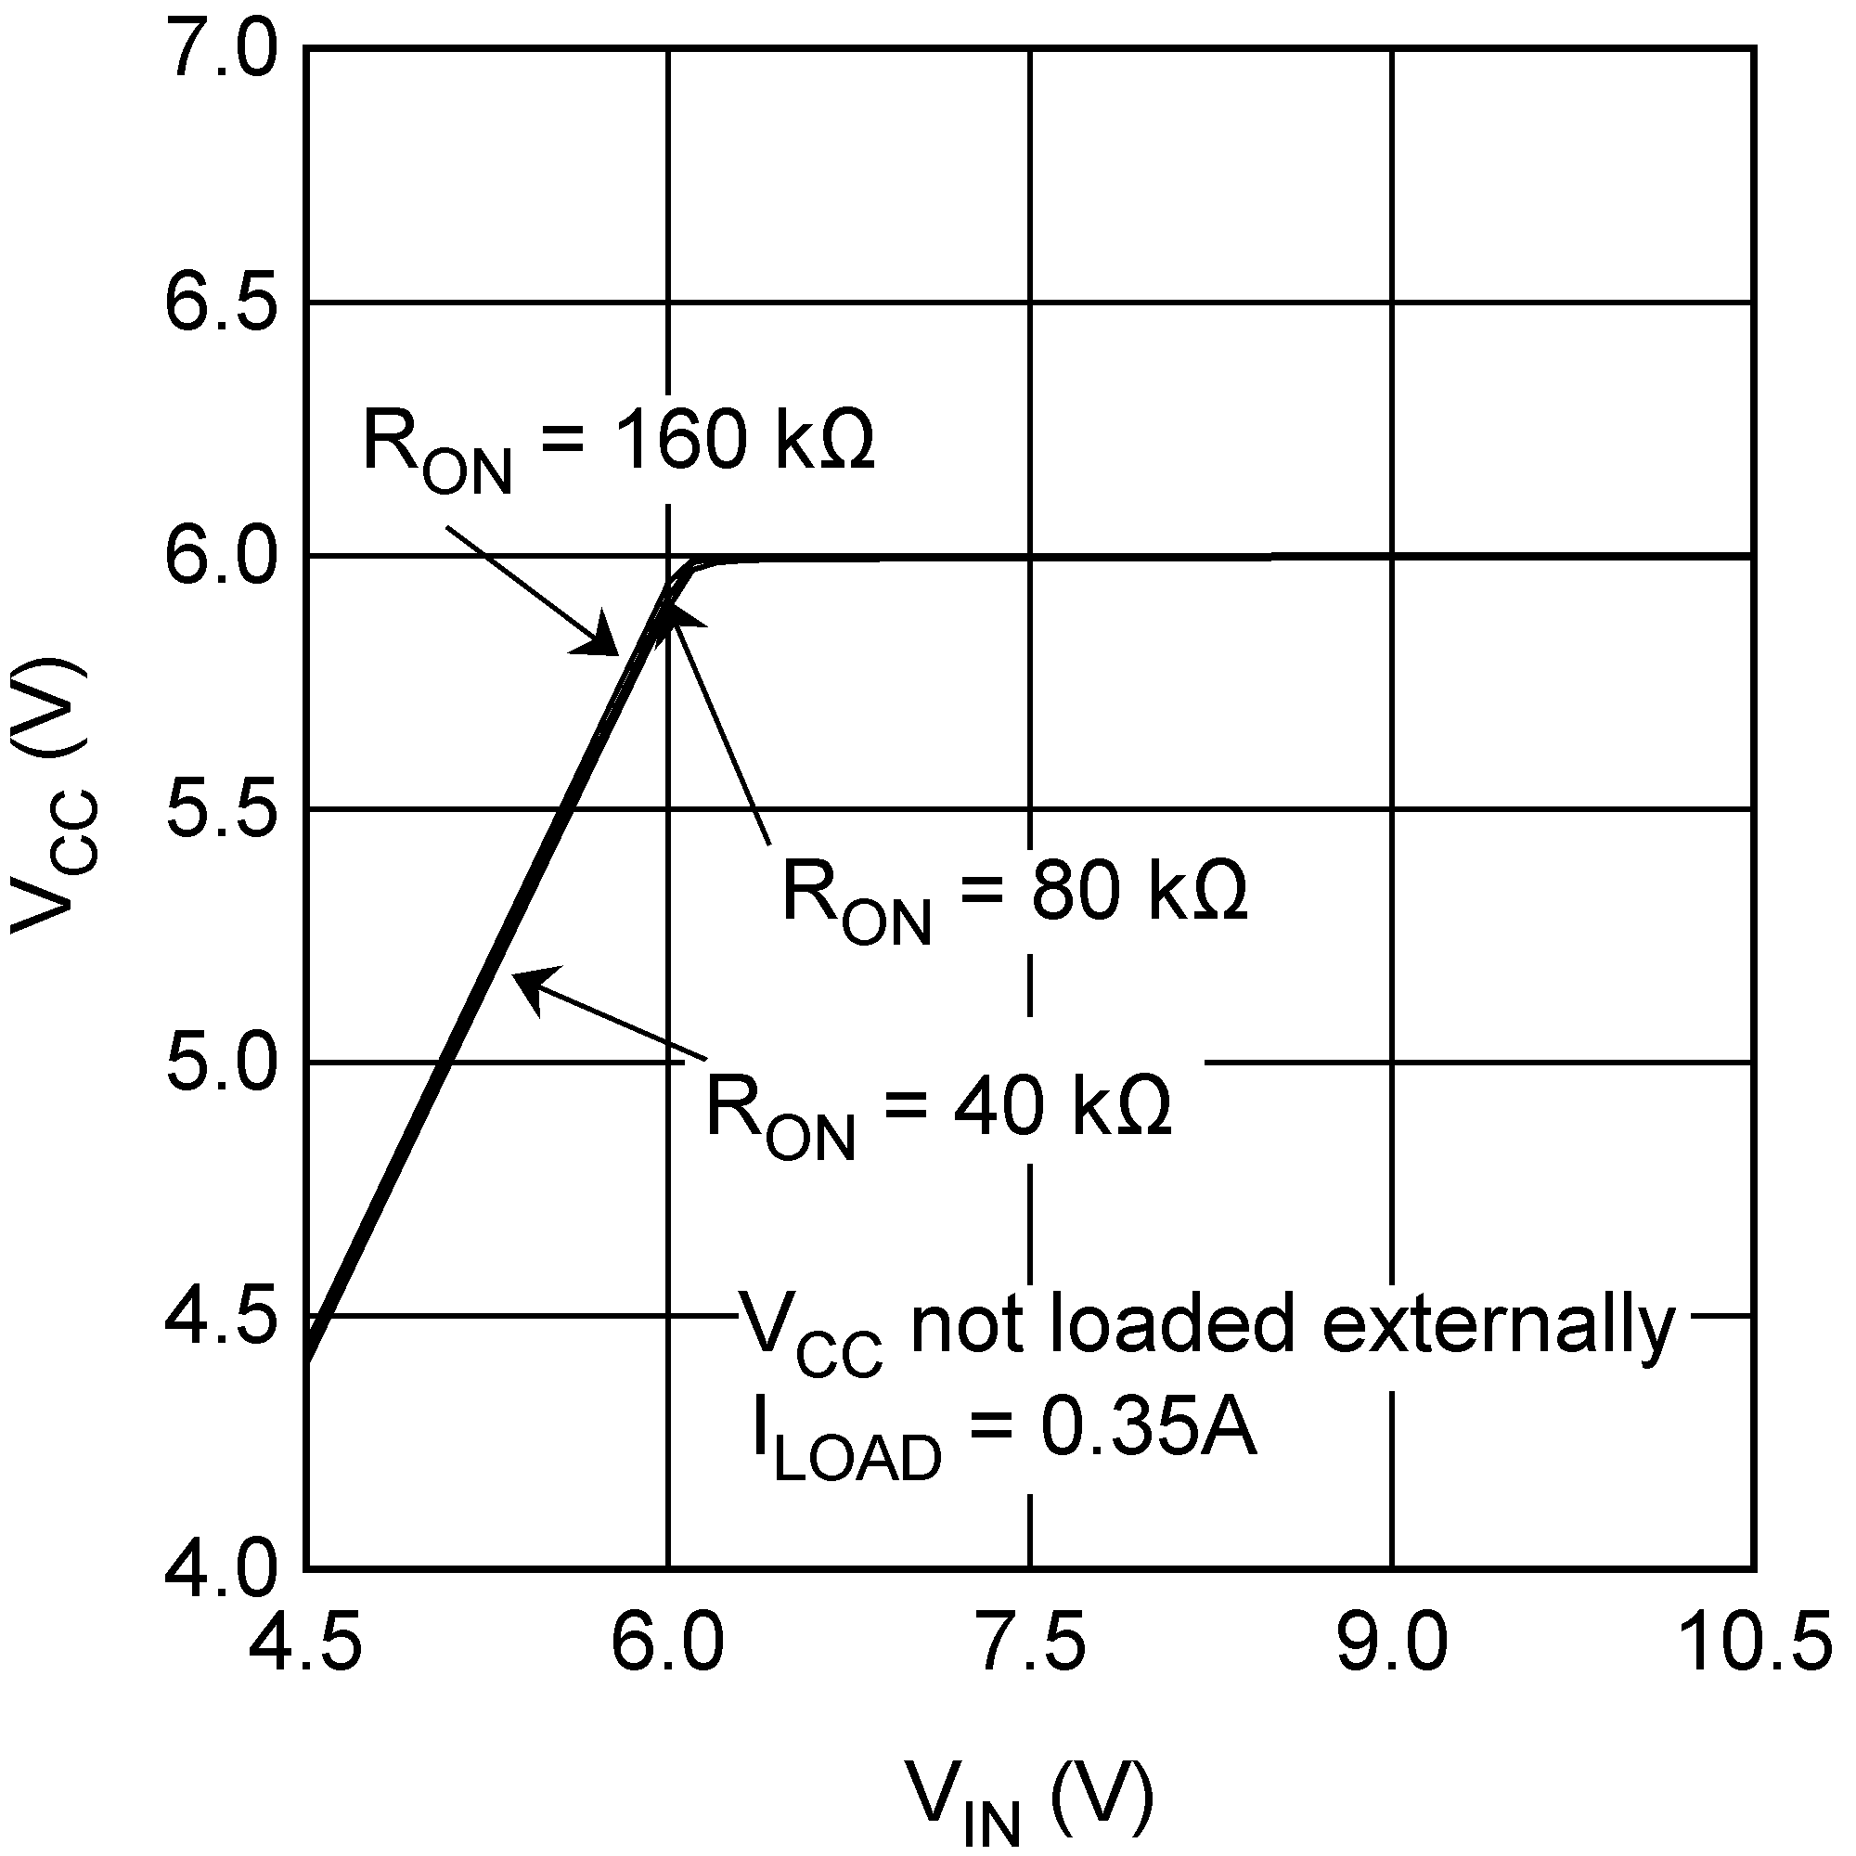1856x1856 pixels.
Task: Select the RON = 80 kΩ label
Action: click(x=1014, y=895)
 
